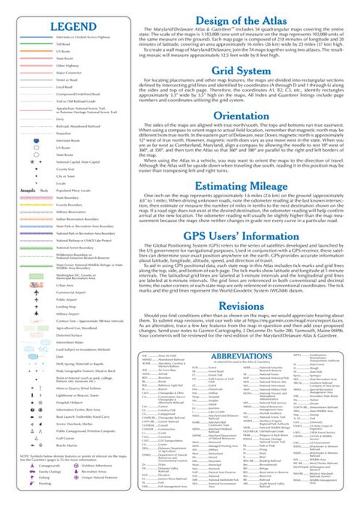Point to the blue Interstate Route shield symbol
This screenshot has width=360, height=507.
(36, 140)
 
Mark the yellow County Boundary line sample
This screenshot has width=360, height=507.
(36, 204)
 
